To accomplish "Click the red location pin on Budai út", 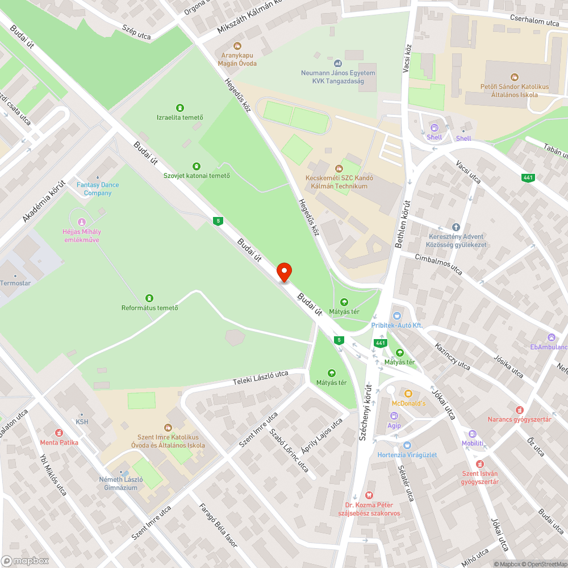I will tap(284, 272).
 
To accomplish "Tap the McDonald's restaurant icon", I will tap(407, 393).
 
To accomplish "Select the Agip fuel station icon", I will tap(394, 416).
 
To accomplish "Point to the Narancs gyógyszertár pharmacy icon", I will tap(519, 410).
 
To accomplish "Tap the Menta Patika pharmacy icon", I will tap(59, 433).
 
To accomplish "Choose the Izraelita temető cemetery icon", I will tap(180, 107).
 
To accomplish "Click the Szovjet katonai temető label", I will tap(197, 176).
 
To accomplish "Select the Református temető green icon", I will tap(149, 298).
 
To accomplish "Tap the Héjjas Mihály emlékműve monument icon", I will tap(82, 222).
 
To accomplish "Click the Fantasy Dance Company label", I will tap(98, 189).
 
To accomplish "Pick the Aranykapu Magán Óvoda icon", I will tap(237, 45).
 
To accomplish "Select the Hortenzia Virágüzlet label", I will tap(407, 455).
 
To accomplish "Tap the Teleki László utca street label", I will tap(261, 378).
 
